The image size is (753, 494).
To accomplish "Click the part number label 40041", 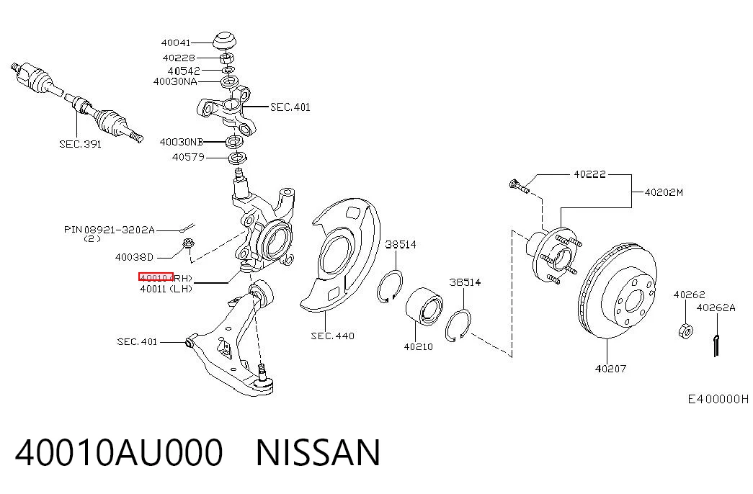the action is point(176,42).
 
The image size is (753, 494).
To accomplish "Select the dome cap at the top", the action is point(225,40).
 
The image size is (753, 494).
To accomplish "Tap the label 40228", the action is point(179,58).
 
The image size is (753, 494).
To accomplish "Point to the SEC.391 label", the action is point(80,143).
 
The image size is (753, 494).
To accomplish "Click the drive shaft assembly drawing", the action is point(76,102).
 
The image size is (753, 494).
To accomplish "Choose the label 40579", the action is point(188,157).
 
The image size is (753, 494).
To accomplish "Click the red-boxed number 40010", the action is point(156,277).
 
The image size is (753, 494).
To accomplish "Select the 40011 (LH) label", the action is point(166,289).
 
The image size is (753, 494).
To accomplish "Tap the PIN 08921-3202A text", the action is point(110,230).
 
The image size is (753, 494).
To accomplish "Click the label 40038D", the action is point(134,257).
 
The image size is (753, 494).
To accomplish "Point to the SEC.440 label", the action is point(332,336).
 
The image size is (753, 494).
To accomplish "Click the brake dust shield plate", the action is point(340,254).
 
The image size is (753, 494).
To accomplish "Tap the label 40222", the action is point(589,174).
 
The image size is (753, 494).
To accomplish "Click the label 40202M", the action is point(664,192).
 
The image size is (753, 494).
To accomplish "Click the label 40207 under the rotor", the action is point(611,369).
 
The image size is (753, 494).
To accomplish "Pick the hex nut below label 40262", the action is point(685,331).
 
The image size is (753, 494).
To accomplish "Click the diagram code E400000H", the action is point(718,399).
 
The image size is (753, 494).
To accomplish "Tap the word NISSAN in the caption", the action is point(318,453).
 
